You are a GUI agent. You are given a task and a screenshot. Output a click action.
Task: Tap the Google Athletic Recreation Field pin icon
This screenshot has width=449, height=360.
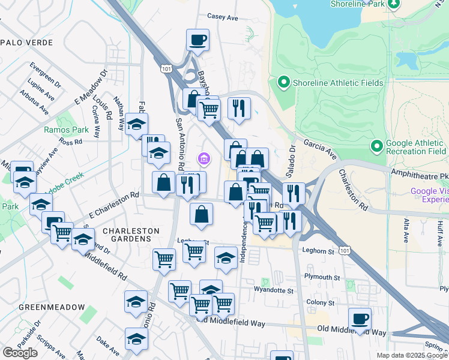click(377, 146)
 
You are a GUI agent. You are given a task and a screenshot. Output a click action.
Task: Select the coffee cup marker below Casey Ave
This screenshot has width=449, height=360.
click(197, 41)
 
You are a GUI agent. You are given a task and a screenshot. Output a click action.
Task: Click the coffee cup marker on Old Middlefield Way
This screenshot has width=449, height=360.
click(360, 319)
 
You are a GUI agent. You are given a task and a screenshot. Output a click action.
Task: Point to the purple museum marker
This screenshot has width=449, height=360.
click(203, 158)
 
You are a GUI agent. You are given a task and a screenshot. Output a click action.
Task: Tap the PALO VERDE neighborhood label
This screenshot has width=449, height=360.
click(26, 43)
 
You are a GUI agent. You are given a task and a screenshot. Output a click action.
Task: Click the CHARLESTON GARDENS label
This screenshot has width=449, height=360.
click(131, 235)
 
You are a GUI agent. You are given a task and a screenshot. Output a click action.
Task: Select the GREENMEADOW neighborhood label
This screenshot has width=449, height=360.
click(52, 307)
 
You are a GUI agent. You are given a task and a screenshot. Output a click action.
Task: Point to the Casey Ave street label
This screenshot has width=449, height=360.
click(223, 17)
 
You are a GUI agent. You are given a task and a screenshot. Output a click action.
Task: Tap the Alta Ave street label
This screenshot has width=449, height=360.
click(406, 230)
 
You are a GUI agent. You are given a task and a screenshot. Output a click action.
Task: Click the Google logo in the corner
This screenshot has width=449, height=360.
click(20, 353)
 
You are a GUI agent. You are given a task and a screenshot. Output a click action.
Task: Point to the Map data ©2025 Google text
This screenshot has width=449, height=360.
click(411, 355)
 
